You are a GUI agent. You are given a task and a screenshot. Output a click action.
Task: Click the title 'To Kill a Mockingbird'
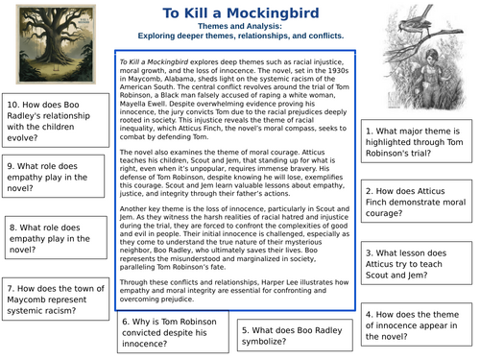(x=240, y=12)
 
